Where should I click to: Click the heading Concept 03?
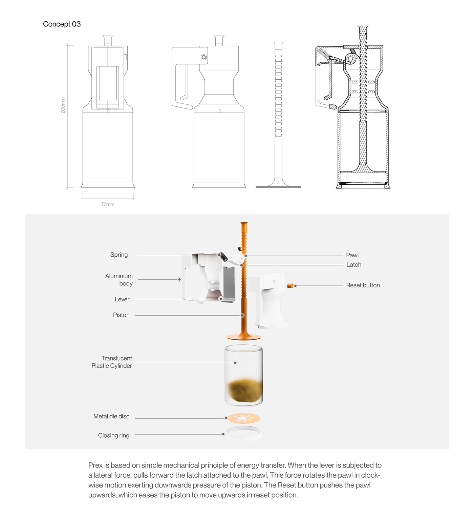pos(62,24)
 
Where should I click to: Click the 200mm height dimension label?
pos(63,105)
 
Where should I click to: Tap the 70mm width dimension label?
pos(108,204)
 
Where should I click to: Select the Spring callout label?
pos(119,255)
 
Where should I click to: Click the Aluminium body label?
pos(119,280)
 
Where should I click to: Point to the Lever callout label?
pos(122,299)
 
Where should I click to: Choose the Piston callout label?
pos(121,315)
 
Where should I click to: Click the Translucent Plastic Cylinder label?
pos(112,362)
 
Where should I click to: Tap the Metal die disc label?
pos(111,416)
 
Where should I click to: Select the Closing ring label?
pos(114,435)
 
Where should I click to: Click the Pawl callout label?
pos(352,255)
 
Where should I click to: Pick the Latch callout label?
pos(353,265)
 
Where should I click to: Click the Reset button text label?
pos(363,285)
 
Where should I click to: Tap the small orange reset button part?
pos(290,286)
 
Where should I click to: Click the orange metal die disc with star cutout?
pos(243,418)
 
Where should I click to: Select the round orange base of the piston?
pos(244,337)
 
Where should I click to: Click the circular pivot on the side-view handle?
pos(204,57)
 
